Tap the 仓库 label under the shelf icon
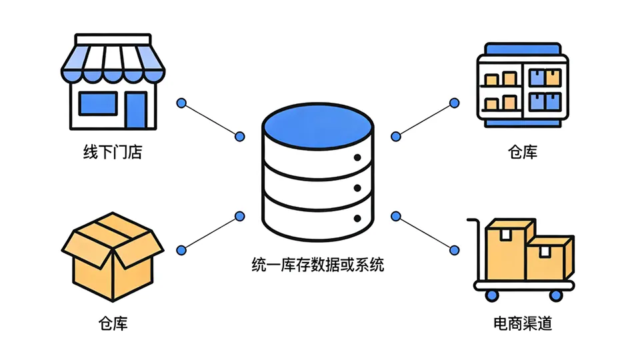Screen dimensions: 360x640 522,153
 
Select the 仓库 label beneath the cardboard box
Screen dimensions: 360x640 113,324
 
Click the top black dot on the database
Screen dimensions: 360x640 357,158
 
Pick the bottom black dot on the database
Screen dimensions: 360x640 357,219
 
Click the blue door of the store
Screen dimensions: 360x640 136,109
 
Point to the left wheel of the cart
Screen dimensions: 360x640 492,294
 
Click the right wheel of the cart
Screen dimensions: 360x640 555,294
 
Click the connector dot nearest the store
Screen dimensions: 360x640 181,103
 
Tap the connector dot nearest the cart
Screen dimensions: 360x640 454,250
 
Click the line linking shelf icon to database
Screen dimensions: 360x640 425,119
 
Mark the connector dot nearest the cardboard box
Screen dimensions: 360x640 181,250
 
